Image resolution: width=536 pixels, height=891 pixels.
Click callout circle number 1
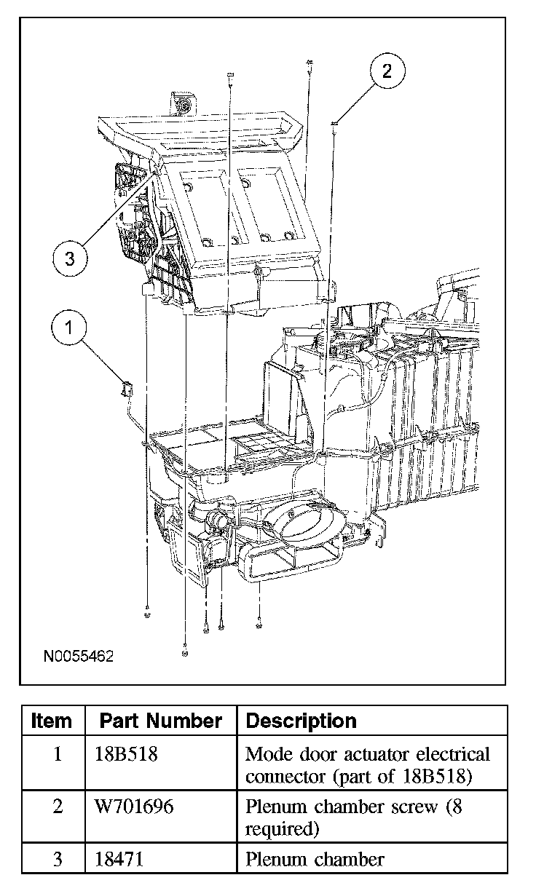(x=70, y=328)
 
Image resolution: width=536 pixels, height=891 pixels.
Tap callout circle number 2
(x=387, y=71)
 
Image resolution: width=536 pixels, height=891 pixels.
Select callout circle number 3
(x=70, y=258)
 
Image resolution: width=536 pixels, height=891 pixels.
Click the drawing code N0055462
(x=79, y=656)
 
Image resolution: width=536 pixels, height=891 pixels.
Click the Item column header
(x=52, y=721)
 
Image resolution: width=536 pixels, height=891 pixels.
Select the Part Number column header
(x=160, y=721)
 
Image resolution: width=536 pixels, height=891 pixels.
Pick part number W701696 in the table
(x=134, y=807)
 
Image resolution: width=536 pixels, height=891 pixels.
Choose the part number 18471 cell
(x=119, y=859)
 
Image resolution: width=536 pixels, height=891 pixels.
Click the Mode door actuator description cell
(x=368, y=765)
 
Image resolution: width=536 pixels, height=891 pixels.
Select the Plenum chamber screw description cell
(x=353, y=817)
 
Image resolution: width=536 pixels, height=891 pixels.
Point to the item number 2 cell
(x=58, y=807)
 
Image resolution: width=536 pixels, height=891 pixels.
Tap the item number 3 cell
(x=58, y=859)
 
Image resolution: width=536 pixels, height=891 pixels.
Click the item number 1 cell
(x=58, y=754)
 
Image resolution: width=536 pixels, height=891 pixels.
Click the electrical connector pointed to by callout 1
(x=125, y=390)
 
